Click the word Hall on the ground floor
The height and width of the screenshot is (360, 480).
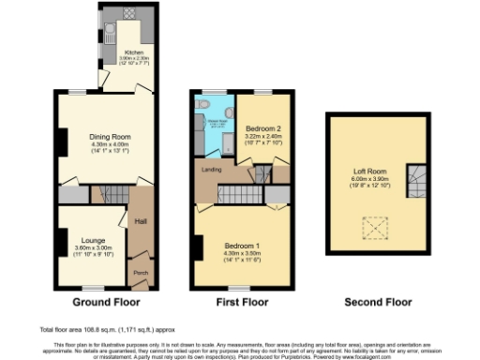click(x=142, y=221)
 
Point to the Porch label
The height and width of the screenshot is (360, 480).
click(x=142, y=275)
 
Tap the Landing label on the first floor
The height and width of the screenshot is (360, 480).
click(x=212, y=170)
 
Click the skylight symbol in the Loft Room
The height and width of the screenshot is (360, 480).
click(x=376, y=228)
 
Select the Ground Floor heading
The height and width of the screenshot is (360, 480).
click(x=106, y=303)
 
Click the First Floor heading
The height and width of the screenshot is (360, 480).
click(x=242, y=303)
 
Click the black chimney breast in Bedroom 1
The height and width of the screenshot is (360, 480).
click(x=199, y=247)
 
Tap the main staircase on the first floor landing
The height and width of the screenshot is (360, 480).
click(x=241, y=194)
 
